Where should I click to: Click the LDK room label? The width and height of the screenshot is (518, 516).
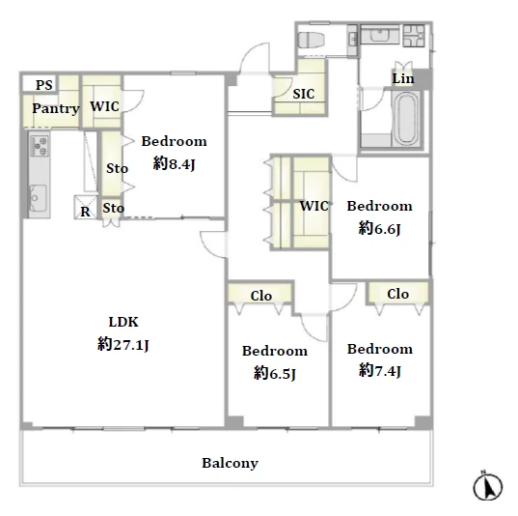123,322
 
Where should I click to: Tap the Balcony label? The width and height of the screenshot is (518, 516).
230,463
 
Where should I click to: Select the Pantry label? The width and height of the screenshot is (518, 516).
56,108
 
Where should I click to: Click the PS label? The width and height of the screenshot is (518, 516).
44,85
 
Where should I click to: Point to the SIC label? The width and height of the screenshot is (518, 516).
304,94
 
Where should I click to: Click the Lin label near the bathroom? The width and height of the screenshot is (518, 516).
403,78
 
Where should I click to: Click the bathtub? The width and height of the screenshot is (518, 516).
406,119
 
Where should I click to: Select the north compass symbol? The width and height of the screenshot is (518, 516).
487,487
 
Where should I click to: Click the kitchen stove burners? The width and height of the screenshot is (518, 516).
40,146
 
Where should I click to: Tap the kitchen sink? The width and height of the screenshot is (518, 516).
38,198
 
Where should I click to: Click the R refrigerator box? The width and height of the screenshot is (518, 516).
86,208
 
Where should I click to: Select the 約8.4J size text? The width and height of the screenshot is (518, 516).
174,163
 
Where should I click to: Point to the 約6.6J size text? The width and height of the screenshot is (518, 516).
380,228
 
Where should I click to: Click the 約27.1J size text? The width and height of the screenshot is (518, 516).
123,344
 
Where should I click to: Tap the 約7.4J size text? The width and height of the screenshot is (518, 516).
380,371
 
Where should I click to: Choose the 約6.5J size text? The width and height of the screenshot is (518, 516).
275,373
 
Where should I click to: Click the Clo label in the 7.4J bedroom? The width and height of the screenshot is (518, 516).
398,294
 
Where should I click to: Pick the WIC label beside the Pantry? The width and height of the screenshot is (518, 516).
105,106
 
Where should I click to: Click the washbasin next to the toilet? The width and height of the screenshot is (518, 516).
353,40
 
